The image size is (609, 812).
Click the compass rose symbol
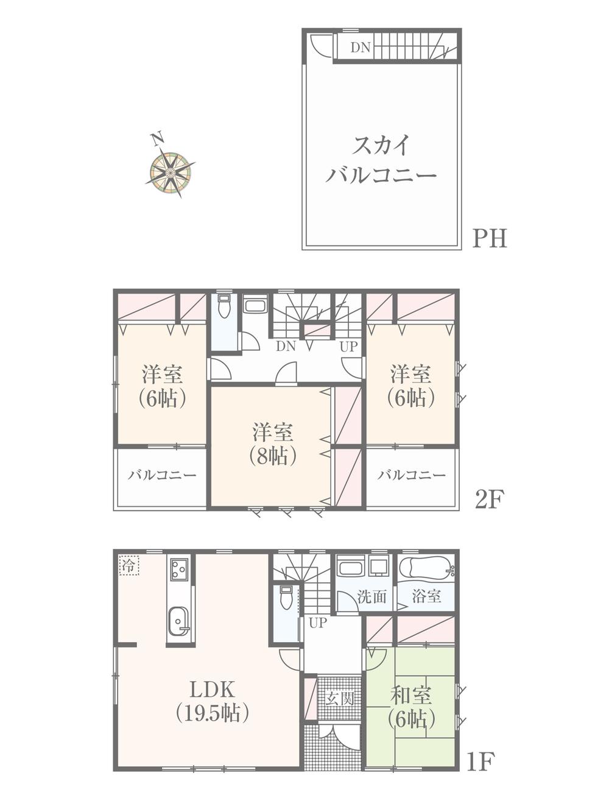coord(170,174)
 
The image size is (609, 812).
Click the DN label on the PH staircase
coord(360,48)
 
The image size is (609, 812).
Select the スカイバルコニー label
coord(381,161)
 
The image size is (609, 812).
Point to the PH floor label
coord(490,238)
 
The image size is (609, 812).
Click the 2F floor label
coord(490,500)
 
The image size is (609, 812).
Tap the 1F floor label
coord(481,761)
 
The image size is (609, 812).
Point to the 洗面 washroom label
coord(372,597)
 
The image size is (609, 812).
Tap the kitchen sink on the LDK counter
coord(178,621)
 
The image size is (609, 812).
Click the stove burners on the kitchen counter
coord(179,570)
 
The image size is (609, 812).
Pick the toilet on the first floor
coord(286,598)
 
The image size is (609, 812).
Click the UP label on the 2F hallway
coord(348,347)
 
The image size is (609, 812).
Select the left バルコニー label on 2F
coord(162,475)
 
